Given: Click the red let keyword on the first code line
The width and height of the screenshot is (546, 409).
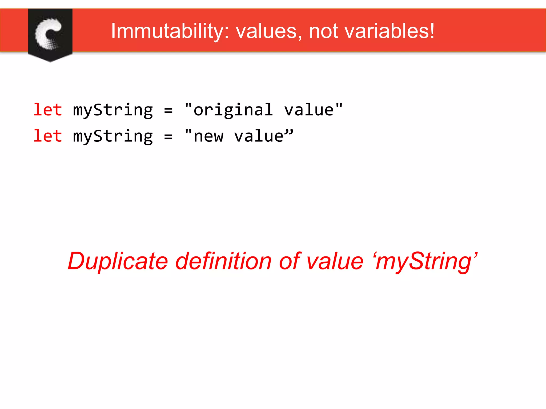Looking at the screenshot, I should (48, 110).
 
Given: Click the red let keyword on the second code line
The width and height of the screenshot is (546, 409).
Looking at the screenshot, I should (48, 136).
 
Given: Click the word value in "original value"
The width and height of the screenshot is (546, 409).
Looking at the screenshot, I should (309, 110).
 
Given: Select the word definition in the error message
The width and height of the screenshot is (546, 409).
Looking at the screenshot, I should (223, 261).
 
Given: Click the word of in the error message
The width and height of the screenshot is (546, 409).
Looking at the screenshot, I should (290, 261).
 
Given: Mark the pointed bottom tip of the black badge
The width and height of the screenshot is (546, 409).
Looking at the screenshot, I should (50, 61).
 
